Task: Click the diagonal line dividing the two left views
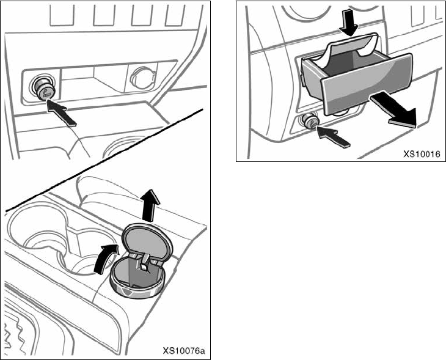pos(104,160)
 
